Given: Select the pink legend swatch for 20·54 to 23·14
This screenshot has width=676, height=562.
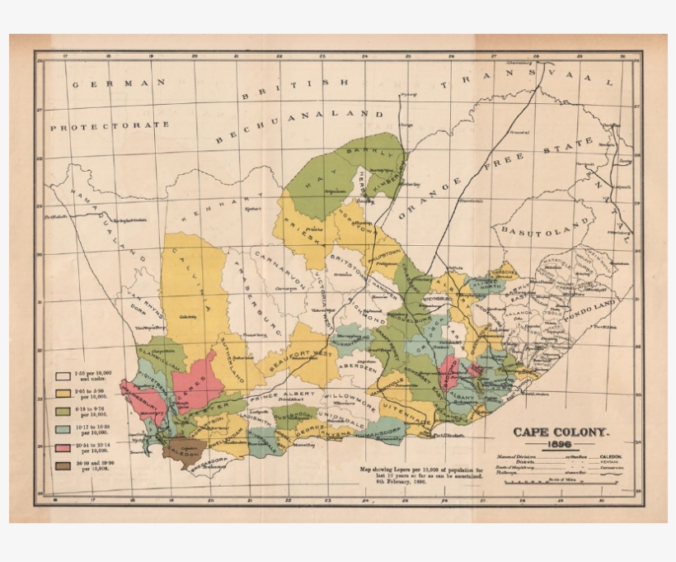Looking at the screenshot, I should pyautogui.click(x=63, y=446).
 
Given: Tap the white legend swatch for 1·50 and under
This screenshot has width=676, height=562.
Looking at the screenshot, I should pyautogui.click(x=63, y=375).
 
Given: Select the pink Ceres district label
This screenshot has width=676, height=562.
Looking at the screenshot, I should pyautogui.click(x=195, y=386).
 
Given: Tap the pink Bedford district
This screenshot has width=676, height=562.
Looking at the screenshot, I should pyautogui.click(x=450, y=375).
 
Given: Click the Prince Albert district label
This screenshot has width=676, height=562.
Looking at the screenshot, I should pyautogui.click(x=284, y=395).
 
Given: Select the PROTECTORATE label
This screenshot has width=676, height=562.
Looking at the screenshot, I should pyautogui.click(x=110, y=126).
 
